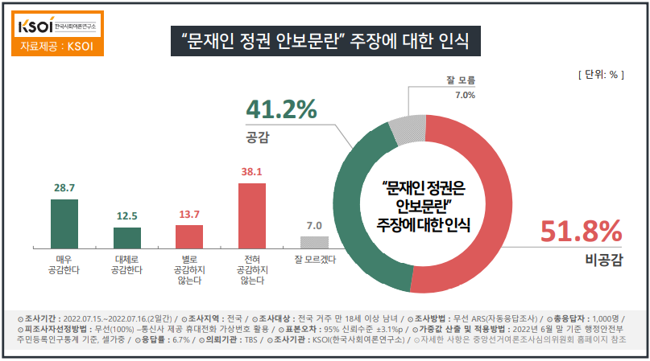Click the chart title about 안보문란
point(326,39)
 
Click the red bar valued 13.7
point(189,237)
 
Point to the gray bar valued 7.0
point(314,242)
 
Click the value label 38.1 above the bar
point(252,171)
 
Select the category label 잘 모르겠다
point(315,260)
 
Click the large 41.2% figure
point(281,109)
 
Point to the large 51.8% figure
point(581,232)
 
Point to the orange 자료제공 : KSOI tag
point(57,46)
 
